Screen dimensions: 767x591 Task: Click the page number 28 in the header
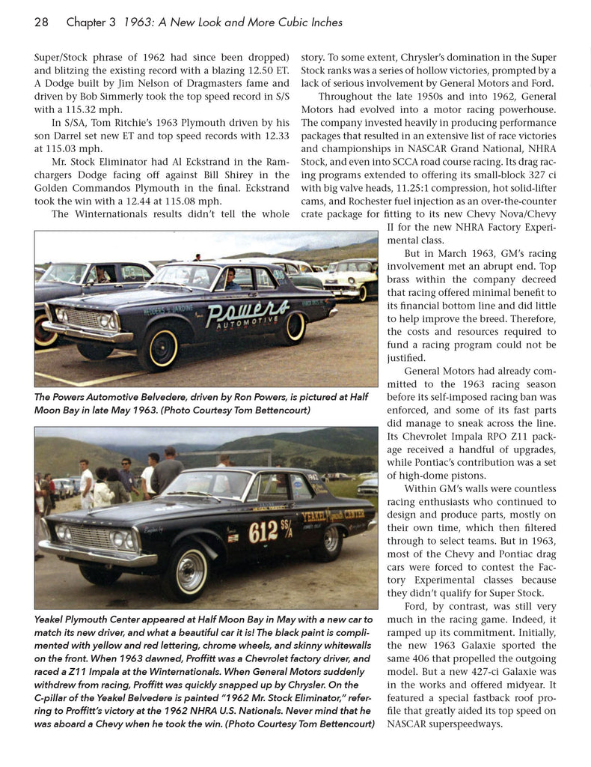pyautogui.click(x=41, y=22)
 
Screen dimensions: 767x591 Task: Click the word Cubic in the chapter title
pyautogui.click(x=281, y=22)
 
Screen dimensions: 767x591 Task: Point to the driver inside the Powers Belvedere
pyautogui.click(x=230, y=280)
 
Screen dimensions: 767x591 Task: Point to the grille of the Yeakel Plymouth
pyautogui.click(x=89, y=537)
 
